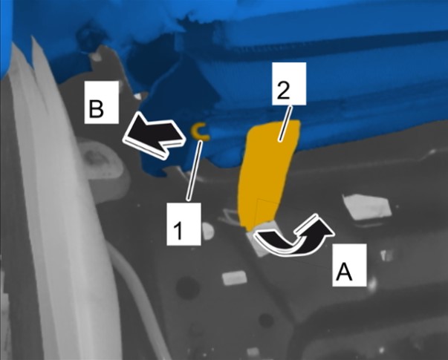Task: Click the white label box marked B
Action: pos(102,102)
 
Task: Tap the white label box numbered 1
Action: pos(184,224)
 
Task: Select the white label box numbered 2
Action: pos(289,84)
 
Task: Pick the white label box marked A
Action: pos(349,265)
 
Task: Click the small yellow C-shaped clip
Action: pos(199,131)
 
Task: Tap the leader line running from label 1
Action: pos(195,170)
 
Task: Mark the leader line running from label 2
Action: pos(285,124)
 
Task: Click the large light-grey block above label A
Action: pos(366,206)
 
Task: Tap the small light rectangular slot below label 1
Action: pos(235,278)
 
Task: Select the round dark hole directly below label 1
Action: pos(187,287)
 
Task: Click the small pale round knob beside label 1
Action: pos(208,230)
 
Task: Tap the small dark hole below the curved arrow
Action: pos(266,321)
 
